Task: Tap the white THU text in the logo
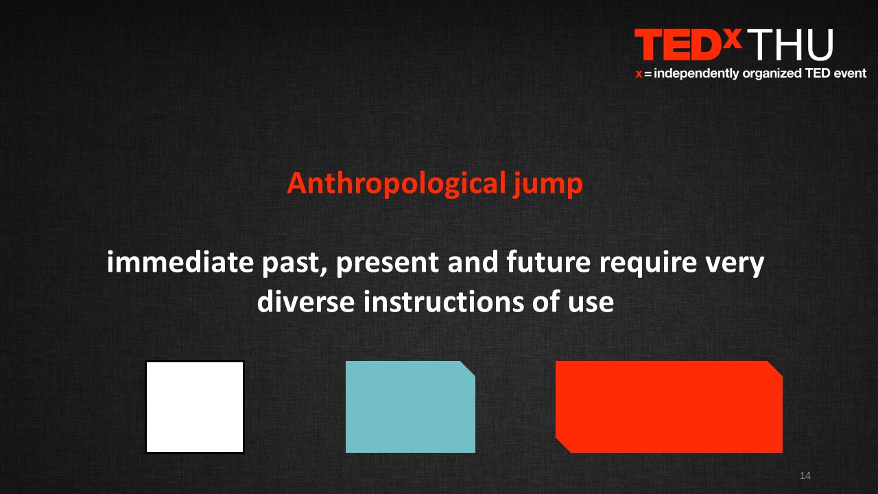click(790, 45)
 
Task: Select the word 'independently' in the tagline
click(696, 73)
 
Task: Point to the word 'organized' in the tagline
click(772, 74)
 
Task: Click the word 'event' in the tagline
click(850, 73)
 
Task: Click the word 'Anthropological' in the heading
click(396, 184)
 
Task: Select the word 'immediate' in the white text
click(180, 262)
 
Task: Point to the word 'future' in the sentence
click(548, 262)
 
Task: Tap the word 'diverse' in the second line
click(306, 301)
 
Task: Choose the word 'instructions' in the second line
click(444, 301)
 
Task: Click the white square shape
click(195, 407)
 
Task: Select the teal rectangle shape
click(410, 407)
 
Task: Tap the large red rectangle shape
click(669, 407)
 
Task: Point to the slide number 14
click(805, 475)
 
